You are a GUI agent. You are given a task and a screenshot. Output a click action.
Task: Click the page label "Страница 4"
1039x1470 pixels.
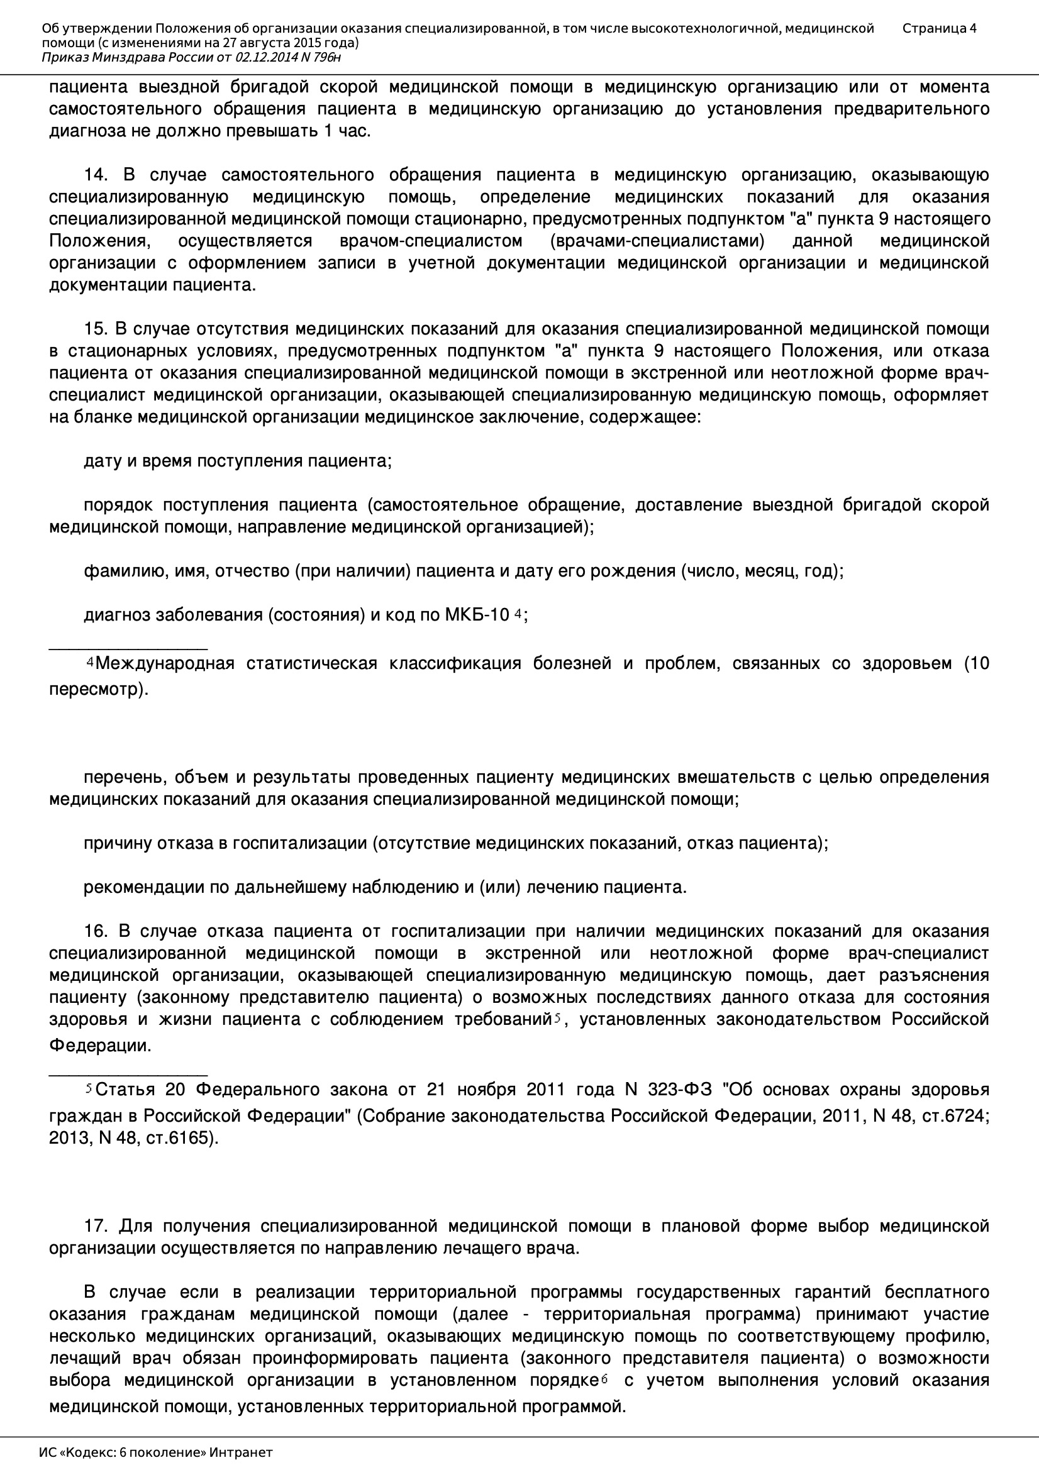939,28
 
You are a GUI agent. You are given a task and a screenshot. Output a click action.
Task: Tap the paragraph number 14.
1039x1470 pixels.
96,175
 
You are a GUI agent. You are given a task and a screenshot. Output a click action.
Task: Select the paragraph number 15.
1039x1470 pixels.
96,329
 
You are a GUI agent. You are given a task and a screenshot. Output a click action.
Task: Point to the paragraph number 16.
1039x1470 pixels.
96,932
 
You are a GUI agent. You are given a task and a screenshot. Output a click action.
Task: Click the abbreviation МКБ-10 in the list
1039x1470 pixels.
477,616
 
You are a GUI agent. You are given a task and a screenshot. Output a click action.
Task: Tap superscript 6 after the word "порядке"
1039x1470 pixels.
604,1379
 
